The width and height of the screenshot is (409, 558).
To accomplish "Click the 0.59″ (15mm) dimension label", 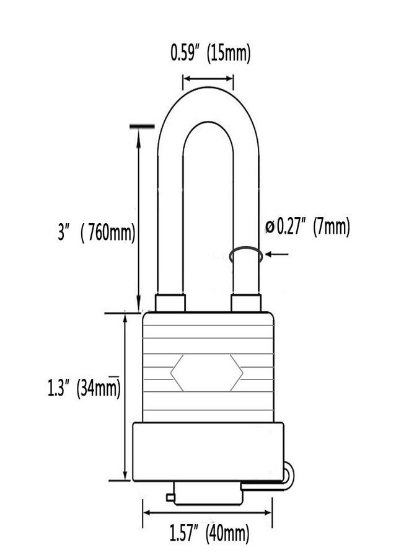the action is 211,53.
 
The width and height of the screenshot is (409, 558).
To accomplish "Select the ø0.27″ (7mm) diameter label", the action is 308,227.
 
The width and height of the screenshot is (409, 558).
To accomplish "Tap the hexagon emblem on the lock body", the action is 206,373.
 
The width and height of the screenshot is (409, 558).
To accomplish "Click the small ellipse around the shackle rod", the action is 246,255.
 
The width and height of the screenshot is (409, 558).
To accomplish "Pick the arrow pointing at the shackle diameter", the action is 277,254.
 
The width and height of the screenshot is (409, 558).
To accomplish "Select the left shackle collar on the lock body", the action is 170,303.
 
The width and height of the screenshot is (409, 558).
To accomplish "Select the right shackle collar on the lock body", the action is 246,303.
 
